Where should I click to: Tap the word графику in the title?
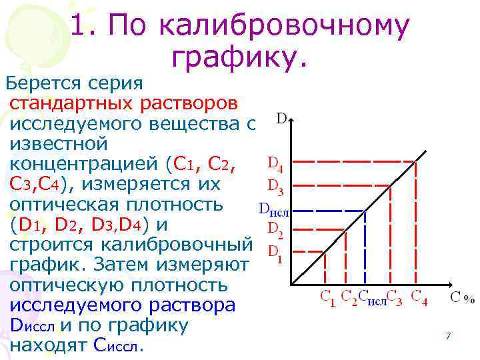click(241, 58)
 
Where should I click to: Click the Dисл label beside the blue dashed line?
click(273, 211)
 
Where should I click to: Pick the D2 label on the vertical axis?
click(275, 231)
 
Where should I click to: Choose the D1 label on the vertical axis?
click(274, 253)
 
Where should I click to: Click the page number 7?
click(448, 337)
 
